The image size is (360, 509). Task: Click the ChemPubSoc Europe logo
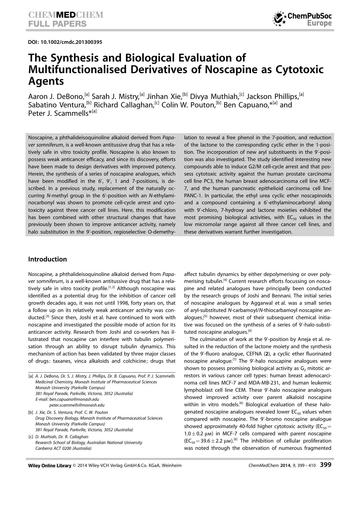(x=302, y=19)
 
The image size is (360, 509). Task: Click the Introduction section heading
(x=48, y=259)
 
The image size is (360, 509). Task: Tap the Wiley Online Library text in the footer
(x=50, y=465)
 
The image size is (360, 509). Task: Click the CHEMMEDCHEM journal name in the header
(x=66, y=15)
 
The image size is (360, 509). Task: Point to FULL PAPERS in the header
(x=57, y=24)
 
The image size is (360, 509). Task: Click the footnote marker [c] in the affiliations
(x=30, y=437)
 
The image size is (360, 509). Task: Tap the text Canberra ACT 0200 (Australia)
(x=63, y=448)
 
